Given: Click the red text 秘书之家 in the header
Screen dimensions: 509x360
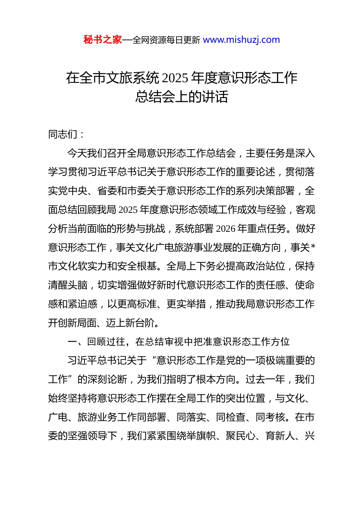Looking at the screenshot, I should pos(103,40).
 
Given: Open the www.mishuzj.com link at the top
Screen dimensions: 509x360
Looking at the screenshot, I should pos(241,40).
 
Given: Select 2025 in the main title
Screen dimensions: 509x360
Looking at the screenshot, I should pos(175,78).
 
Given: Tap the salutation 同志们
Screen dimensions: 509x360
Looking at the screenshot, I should pos(63,134).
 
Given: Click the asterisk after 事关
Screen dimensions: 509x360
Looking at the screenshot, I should pos(313,248).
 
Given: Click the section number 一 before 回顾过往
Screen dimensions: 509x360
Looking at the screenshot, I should pos(72,342).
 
